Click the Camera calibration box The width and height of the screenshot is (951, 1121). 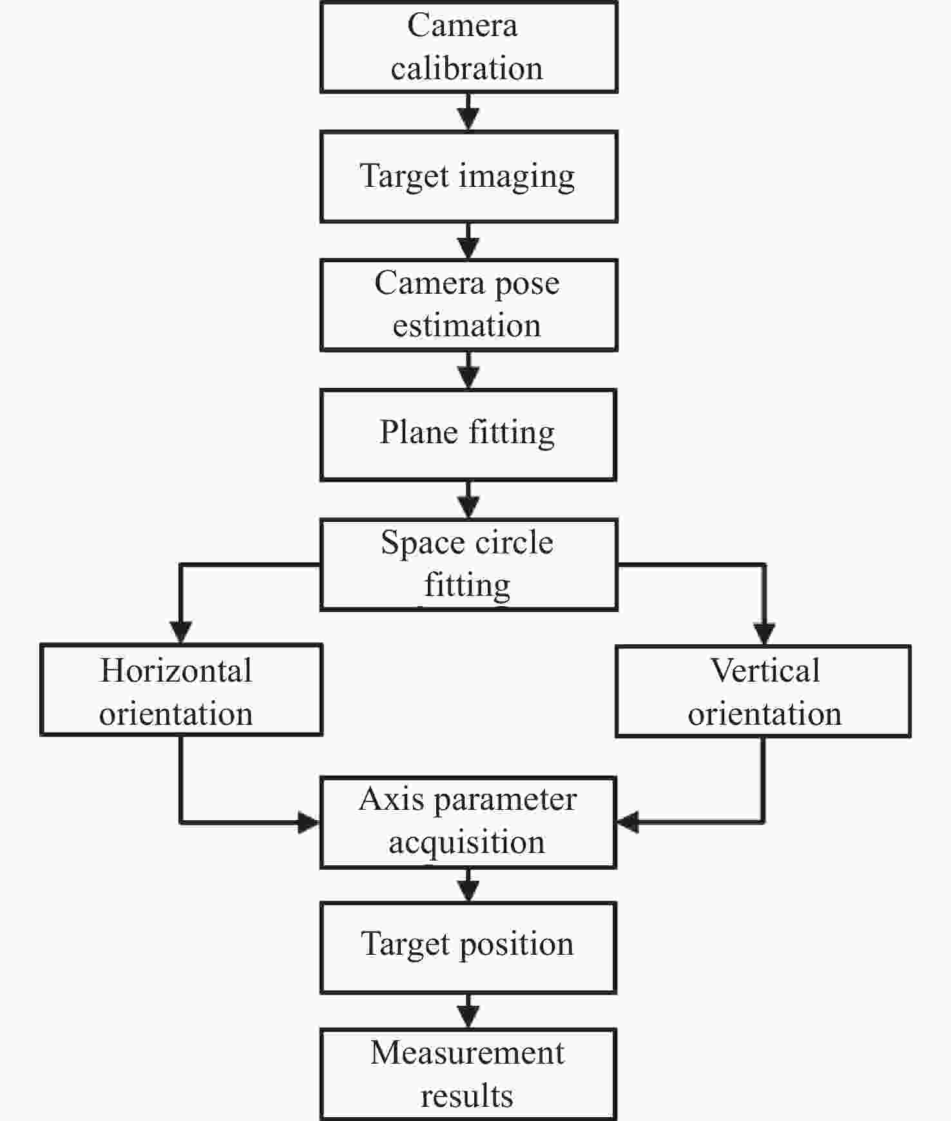coord(468,47)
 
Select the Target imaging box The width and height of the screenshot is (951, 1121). coord(468,177)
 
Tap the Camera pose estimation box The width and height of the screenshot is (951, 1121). coord(468,305)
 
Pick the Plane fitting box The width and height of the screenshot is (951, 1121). coord(468,435)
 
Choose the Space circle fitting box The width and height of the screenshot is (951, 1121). coord(468,564)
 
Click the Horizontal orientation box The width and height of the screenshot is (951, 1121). coord(181,690)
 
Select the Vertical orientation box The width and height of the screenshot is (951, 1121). coord(764,691)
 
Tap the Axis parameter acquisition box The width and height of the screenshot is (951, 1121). coord(468,823)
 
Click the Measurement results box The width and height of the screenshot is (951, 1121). coord(468,1074)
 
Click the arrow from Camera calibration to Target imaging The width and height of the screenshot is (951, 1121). coord(468,112)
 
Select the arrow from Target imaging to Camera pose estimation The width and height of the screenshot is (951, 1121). coord(468,242)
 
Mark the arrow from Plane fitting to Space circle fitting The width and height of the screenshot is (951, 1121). coord(468,500)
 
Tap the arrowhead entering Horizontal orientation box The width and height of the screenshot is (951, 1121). coord(181,633)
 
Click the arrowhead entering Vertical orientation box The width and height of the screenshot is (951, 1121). coord(764,635)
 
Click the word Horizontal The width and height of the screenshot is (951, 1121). coord(176,671)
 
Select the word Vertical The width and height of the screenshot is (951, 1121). coord(765,671)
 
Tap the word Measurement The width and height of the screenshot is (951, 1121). coord(467,1053)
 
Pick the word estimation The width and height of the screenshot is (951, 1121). coord(466,325)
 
